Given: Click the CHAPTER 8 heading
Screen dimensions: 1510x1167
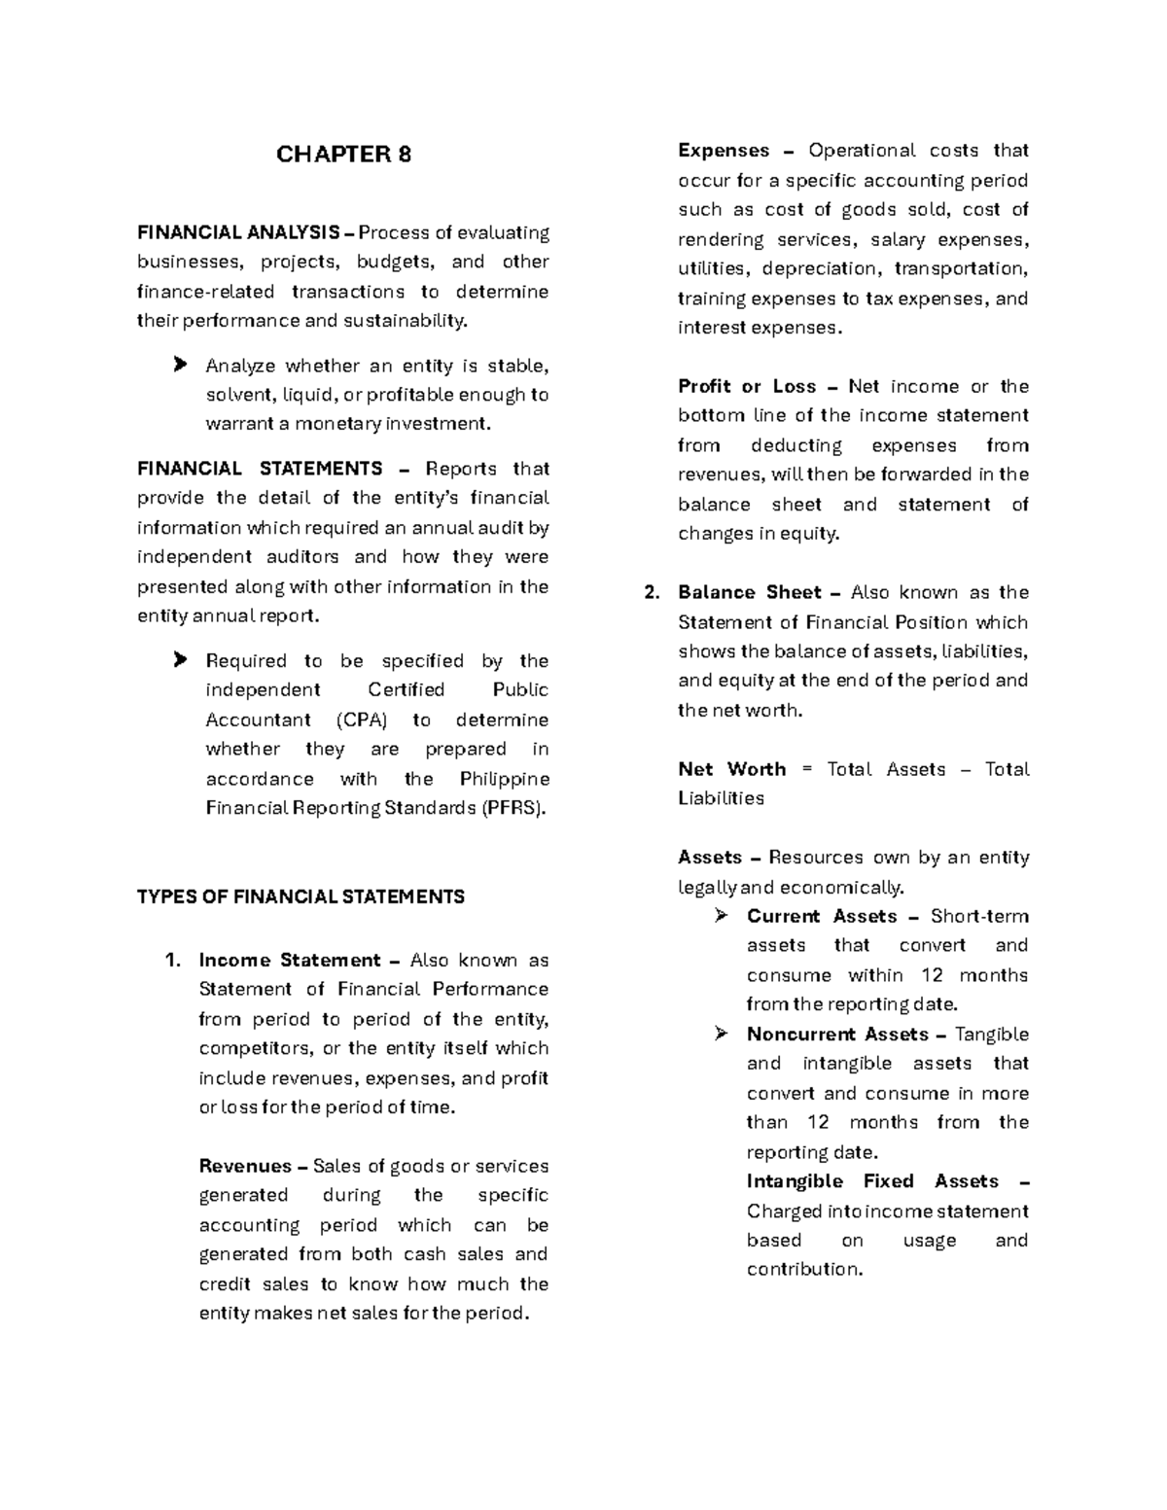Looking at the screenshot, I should click(343, 155).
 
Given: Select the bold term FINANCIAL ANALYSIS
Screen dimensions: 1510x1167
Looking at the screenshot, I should click(238, 232).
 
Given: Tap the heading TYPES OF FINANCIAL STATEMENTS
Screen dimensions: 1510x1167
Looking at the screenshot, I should click(301, 896).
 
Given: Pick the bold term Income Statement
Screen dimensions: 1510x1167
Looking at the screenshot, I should click(289, 961).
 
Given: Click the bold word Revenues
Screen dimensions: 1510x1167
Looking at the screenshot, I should click(245, 1167).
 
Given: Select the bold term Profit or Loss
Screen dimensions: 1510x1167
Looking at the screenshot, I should click(747, 386).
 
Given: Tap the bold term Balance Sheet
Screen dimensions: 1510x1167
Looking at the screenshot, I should click(749, 593).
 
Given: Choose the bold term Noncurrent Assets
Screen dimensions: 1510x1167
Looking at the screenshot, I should click(837, 1035).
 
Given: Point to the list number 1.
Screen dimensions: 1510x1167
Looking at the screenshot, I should click(173, 961).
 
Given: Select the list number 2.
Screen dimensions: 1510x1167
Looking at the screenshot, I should click(652, 593).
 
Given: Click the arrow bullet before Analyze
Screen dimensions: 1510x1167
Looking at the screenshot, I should click(179, 366).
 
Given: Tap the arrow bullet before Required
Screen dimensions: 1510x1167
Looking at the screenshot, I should click(179, 661).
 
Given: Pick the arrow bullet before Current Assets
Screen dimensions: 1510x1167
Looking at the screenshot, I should click(721, 916).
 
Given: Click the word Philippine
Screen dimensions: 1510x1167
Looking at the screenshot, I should click(504, 779).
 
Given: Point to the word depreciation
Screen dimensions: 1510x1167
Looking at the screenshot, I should click(819, 269).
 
